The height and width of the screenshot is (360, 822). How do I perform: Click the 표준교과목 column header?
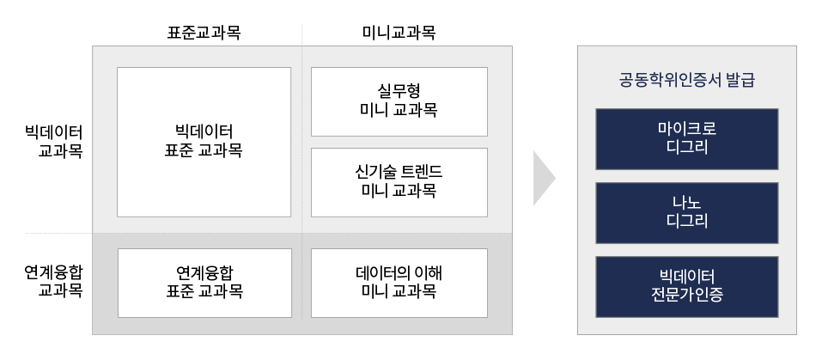tap(204, 33)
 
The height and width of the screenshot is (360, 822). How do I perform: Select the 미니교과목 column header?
tap(399, 33)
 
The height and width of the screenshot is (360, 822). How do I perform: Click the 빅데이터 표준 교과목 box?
tap(204, 142)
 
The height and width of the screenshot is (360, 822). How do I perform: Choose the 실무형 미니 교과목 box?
tap(399, 101)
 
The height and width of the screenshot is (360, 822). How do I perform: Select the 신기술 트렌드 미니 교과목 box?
tap(399, 182)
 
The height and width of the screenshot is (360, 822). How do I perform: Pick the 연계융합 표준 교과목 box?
tap(204, 283)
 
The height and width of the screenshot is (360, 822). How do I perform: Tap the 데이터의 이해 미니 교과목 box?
tap(399, 283)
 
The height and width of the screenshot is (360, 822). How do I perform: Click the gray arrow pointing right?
tap(543, 179)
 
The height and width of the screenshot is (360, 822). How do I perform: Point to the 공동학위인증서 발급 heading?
tap(686, 82)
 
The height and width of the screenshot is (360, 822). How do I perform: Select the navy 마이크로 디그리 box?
tap(686, 138)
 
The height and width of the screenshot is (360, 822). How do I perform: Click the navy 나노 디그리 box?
tap(686, 212)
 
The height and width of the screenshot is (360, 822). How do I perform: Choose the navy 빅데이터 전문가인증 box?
tap(686, 286)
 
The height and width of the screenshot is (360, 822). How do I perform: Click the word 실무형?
tap(399, 92)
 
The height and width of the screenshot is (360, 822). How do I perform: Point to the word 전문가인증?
tap(686, 296)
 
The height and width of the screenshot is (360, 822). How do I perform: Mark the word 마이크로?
tap(686, 129)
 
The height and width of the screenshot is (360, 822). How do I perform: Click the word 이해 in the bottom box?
tap(427, 273)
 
